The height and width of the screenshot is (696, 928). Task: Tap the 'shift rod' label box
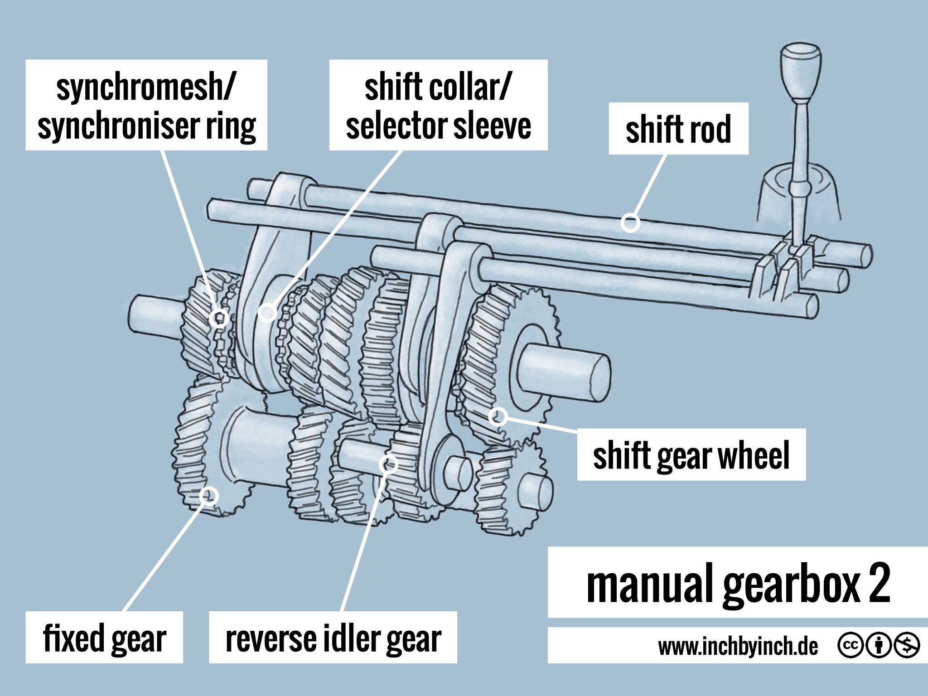678,129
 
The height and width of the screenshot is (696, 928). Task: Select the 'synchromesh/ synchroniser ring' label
146,105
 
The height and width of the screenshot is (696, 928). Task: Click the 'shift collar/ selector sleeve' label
438,105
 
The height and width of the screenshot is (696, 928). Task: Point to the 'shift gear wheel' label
691,454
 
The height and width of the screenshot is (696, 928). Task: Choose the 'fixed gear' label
104,637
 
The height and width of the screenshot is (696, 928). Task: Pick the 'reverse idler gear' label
333,637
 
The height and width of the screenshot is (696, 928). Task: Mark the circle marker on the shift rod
630,222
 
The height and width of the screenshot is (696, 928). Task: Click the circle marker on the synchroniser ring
220,318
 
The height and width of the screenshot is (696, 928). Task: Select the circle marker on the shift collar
267,312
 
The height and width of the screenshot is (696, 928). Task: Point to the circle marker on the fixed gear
209,496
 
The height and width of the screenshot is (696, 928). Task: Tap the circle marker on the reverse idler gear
388,464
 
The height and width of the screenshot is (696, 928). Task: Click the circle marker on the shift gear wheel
498,416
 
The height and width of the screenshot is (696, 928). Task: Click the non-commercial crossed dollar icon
907,645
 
